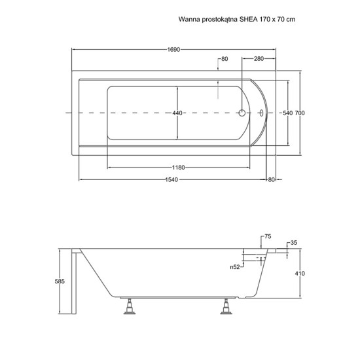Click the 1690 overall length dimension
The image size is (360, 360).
173,50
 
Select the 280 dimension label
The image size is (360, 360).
259,59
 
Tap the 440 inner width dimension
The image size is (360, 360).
177,113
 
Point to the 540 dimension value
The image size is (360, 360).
288,113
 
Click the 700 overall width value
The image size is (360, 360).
300,113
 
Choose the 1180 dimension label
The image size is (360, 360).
179,168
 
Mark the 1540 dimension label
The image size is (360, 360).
171,180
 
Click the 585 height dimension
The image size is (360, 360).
60,281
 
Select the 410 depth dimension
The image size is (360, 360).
300,274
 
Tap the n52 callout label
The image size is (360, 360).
235,267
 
